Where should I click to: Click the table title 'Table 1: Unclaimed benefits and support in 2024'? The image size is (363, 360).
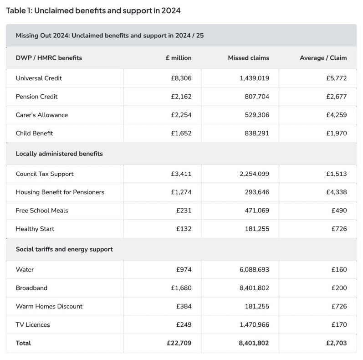(93, 10)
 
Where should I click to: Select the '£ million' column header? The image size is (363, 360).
(179, 58)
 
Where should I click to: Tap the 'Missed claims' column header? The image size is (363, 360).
(248, 58)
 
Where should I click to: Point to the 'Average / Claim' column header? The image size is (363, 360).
(323, 58)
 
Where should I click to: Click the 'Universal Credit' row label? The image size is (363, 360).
(39, 78)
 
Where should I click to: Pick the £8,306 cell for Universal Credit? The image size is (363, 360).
(181, 78)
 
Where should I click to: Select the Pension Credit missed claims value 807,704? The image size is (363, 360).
(254, 97)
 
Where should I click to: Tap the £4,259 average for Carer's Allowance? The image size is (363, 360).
(336, 115)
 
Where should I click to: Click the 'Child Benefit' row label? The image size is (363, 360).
(34, 133)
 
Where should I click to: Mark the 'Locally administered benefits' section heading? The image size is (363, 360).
(59, 154)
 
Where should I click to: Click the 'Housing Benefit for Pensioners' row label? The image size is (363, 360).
(60, 192)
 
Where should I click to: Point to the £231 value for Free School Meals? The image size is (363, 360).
(184, 211)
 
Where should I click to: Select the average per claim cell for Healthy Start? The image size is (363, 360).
(339, 229)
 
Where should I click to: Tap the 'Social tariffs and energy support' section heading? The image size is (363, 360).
(64, 249)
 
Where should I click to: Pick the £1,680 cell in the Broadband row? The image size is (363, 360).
(181, 288)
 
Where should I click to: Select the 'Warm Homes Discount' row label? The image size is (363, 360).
(49, 306)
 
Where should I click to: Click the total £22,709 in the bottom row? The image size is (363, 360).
(179, 343)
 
